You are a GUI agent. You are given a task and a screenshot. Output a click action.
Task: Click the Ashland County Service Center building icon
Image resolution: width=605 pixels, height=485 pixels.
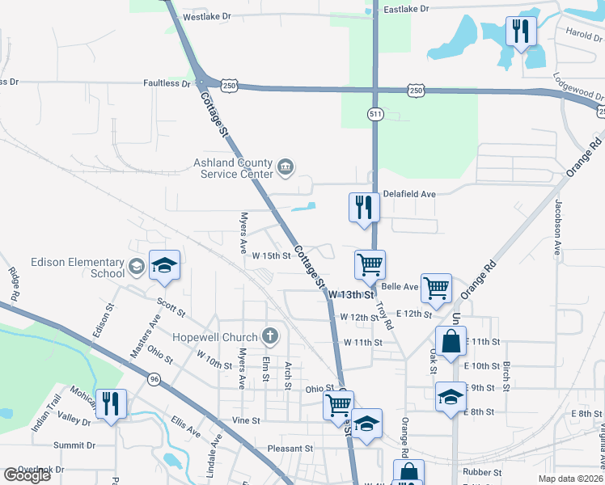(x=285, y=167)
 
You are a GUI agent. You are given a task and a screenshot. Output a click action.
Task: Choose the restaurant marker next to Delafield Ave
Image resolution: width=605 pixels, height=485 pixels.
(x=363, y=207)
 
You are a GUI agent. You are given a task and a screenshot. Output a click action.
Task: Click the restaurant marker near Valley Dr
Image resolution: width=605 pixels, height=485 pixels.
(x=110, y=403)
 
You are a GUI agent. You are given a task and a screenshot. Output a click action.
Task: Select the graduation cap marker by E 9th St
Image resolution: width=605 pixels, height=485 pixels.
(x=451, y=397)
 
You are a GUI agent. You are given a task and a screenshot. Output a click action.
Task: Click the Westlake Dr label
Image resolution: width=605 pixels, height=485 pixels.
(x=207, y=16)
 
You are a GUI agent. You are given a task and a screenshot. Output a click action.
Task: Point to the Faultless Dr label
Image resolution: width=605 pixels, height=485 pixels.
(x=167, y=83)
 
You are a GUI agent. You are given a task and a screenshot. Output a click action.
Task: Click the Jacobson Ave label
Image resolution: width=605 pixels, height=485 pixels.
(x=558, y=228)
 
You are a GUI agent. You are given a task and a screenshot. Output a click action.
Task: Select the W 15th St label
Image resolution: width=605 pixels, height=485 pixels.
(x=271, y=255)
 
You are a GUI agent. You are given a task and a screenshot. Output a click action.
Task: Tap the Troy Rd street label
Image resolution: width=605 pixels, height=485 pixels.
(x=383, y=315)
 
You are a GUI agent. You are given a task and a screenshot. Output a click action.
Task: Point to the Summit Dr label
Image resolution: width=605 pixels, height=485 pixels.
(x=74, y=445)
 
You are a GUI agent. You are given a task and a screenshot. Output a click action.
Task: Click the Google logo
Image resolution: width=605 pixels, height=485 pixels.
(x=27, y=475)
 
